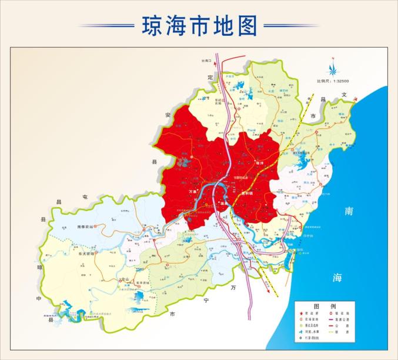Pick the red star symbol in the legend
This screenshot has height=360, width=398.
[301, 315]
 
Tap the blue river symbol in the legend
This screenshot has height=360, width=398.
[301, 331]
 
